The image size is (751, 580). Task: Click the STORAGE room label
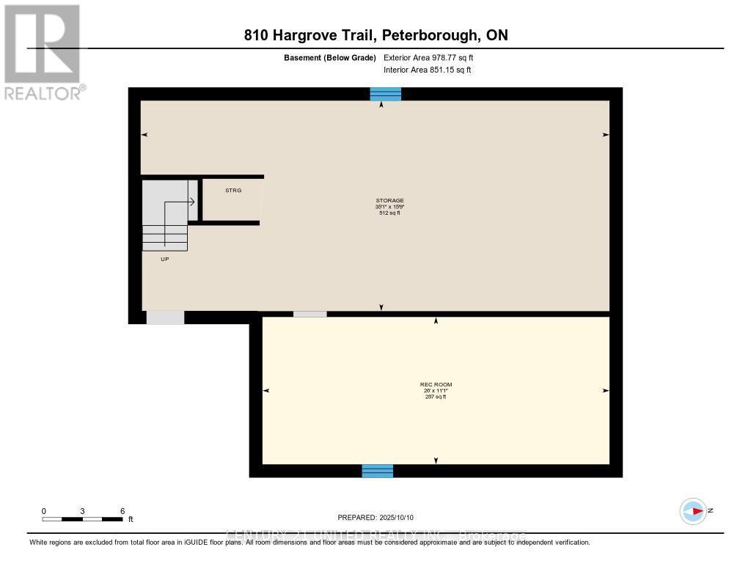point(389,200)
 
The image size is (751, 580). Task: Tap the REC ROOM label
point(436,384)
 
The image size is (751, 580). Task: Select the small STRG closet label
point(232,191)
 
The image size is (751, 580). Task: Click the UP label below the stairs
point(165,259)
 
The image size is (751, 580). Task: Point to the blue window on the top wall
point(385,94)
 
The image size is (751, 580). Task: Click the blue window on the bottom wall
point(378,471)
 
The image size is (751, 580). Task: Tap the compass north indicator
point(694,511)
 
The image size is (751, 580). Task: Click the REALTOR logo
point(43,52)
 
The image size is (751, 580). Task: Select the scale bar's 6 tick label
point(122,511)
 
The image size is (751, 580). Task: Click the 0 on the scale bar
point(44,511)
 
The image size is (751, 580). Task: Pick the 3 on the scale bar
point(83,511)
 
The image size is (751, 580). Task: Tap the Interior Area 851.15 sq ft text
point(428,70)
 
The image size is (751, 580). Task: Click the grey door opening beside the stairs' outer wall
point(165,317)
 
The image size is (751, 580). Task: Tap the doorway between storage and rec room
point(310,315)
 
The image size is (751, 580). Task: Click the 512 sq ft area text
point(389,213)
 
